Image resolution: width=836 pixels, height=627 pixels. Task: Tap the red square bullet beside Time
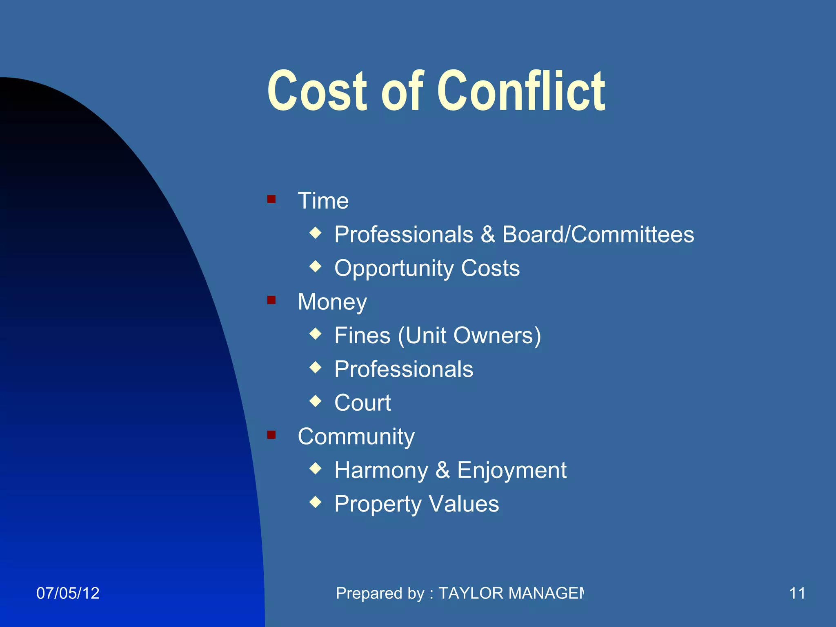click(271, 199)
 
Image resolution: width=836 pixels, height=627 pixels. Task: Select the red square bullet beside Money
click(271, 300)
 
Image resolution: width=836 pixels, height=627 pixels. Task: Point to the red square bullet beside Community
click(271, 435)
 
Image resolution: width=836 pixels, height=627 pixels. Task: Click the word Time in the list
click(323, 201)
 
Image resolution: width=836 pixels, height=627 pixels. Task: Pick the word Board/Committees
click(598, 235)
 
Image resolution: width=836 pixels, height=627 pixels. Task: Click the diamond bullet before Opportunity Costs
click(316, 267)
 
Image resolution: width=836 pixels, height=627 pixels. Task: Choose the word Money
click(332, 302)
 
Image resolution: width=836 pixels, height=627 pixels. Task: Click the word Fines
click(362, 336)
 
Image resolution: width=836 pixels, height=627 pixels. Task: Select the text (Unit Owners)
click(469, 336)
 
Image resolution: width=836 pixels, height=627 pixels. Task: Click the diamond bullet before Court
click(316, 401)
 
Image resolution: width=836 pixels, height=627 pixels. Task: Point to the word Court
click(362, 403)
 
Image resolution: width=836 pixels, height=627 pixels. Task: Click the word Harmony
click(381, 471)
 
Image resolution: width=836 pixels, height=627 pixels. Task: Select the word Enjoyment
click(512, 471)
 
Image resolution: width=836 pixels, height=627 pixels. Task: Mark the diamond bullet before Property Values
click(316, 502)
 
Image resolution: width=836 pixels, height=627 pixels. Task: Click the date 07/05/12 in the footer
click(68, 593)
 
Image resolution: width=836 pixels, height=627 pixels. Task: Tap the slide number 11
click(797, 593)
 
